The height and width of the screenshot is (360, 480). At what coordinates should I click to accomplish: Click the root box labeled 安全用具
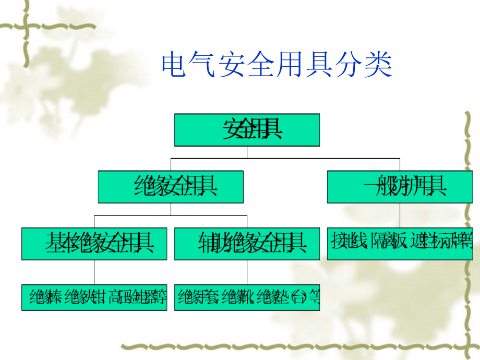point(247,130)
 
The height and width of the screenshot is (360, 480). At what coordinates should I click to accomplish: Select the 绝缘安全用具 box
point(171,187)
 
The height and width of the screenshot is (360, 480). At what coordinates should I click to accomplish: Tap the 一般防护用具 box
point(400,187)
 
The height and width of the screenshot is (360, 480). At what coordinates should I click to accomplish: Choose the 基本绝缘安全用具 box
point(94,244)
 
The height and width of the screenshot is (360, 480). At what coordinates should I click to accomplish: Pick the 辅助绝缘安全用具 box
point(247,244)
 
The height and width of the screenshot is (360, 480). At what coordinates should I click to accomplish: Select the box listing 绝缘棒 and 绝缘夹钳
point(94,298)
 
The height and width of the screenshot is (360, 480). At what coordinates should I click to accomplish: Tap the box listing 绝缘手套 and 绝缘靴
point(247,298)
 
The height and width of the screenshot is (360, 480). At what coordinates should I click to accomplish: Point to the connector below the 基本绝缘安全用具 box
point(94,272)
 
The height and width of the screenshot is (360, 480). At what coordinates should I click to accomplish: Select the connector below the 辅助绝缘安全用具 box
point(247,272)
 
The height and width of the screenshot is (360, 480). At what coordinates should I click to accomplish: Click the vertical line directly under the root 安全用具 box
point(247,151)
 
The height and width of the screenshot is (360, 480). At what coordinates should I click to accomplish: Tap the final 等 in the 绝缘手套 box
point(313,298)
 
